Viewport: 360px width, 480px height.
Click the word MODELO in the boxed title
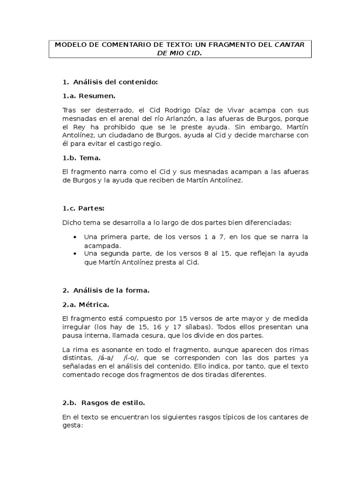click(69, 45)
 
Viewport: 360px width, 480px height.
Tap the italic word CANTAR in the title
click(290, 45)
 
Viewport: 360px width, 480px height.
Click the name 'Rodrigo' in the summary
click(173, 110)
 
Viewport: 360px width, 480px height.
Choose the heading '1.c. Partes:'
click(83, 208)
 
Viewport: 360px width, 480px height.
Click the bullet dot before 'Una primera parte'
click(75, 237)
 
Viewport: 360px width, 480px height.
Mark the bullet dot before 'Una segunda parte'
click(75, 254)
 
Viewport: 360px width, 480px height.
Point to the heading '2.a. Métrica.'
click(86, 305)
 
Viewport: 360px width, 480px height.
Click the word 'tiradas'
click(212, 375)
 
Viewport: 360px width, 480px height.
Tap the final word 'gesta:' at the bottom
click(72, 426)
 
